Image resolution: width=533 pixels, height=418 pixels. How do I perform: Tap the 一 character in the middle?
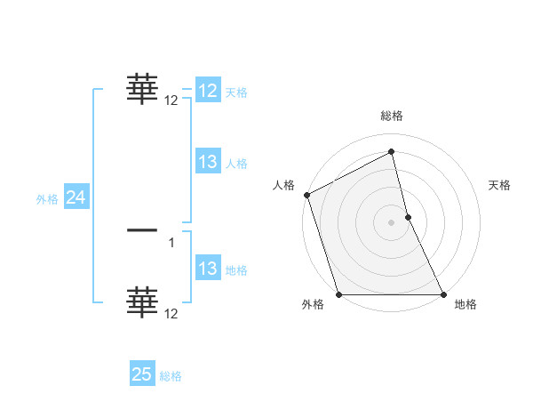(x=142, y=231)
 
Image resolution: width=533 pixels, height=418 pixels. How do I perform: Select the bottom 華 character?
(x=142, y=302)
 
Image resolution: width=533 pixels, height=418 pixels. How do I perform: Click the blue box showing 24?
(x=76, y=198)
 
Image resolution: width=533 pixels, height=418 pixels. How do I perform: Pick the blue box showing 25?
(x=142, y=374)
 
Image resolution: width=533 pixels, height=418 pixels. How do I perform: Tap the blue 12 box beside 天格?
(x=208, y=91)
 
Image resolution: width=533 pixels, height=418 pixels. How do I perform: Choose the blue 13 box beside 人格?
(x=208, y=162)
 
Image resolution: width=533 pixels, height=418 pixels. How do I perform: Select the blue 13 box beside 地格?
(x=208, y=269)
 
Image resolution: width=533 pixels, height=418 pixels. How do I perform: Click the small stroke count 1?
(x=171, y=243)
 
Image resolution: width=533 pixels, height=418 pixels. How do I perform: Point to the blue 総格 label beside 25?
(x=171, y=376)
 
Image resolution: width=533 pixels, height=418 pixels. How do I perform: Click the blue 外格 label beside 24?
(x=47, y=199)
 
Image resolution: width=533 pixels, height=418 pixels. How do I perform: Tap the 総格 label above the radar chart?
(x=392, y=116)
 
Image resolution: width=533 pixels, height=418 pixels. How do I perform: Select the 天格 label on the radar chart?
(x=500, y=185)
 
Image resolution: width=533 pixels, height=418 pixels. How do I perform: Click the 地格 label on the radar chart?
(x=465, y=304)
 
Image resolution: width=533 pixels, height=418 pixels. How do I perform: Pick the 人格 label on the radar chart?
(x=283, y=185)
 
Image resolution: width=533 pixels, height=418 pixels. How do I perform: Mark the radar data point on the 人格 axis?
(x=306, y=195)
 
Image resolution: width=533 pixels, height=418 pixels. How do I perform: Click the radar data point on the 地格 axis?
(x=443, y=294)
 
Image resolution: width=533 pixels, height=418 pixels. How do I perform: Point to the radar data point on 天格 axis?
(x=408, y=217)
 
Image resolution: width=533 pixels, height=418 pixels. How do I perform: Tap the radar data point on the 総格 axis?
(x=392, y=152)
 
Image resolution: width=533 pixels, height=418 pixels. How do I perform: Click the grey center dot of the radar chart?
(x=392, y=222)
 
